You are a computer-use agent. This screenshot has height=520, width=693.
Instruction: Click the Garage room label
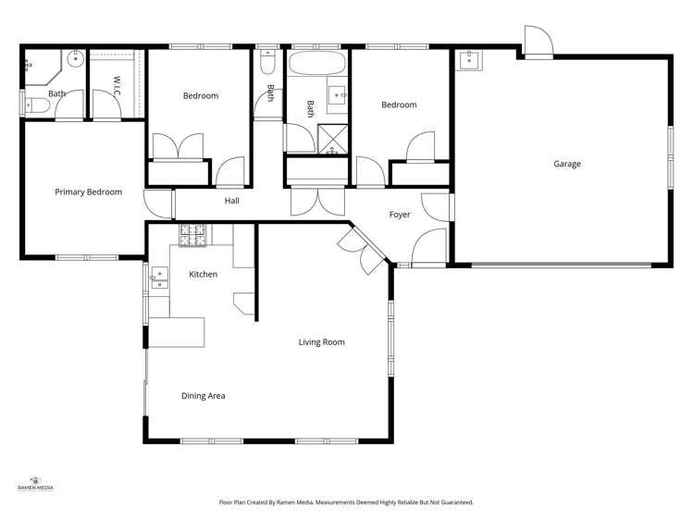pos(567,164)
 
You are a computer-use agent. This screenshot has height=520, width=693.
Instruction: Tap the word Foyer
pos(399,215)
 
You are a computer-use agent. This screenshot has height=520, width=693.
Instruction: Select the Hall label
pos(231,200)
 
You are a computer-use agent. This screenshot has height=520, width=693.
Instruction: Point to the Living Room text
pos(321,342)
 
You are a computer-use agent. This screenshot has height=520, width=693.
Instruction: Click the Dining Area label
pos(203,396)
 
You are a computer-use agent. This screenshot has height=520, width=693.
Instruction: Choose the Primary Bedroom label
pos(88,192)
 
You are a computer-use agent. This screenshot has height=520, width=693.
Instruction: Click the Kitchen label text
pos(203,275)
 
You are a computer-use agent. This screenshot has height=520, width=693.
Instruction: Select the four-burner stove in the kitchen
pos(193,236)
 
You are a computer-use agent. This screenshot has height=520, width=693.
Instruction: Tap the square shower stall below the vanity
pos(330,138)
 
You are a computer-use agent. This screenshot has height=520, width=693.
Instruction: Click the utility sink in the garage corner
pos(468,61)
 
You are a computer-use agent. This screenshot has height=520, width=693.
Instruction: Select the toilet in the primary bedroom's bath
pos(34,105)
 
